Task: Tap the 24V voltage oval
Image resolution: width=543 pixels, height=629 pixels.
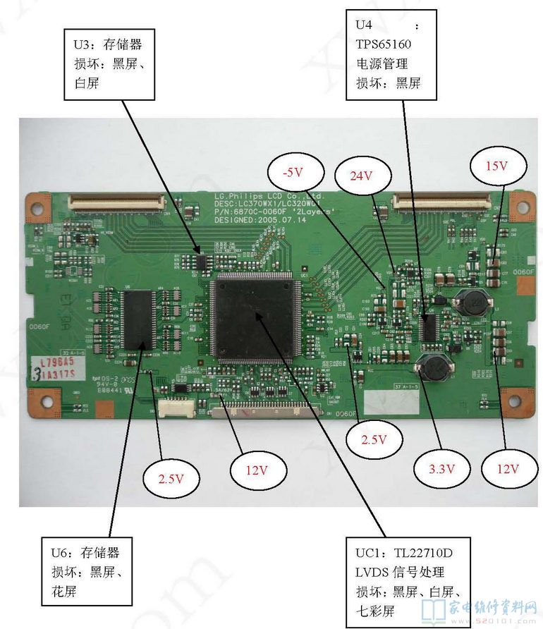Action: (361, 176)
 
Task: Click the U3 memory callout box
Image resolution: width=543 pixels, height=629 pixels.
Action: (109, 64)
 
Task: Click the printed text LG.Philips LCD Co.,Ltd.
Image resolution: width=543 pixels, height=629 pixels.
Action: (268, 195)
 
